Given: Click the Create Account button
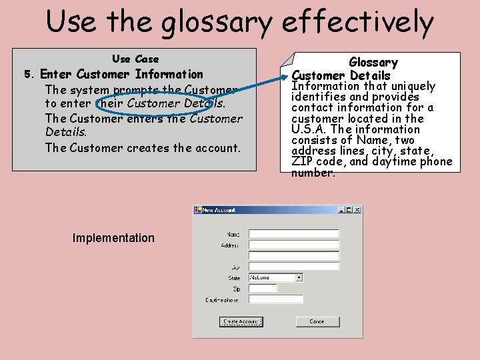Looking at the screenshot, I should (x=241, y=321).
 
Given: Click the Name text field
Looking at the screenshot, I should (x=293, y=234).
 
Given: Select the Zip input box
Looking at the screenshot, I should (x=263, y=289).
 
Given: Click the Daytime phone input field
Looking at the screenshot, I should (x=275, y=300).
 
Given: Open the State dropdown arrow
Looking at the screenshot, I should (x=299, y=277).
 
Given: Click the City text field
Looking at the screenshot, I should (x=293, y=267).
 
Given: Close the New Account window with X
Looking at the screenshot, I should (x=357, y=210).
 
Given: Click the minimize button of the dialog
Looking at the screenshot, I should (x=341, y=210).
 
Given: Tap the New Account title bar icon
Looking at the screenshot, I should (x=198, y=210).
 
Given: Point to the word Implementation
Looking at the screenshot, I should (x=113, y=238).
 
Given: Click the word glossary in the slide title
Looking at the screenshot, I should (x=219, y=22).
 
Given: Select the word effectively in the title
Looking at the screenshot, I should (x=357, y=22).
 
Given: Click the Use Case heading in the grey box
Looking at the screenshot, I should (x=135, y=59).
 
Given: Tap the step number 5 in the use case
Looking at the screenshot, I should (x=28, y=75).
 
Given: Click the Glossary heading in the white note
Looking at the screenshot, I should (x=373, y=63).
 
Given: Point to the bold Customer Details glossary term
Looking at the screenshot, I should (x=341, y=75).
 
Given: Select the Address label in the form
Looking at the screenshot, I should (x=229, y=245).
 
